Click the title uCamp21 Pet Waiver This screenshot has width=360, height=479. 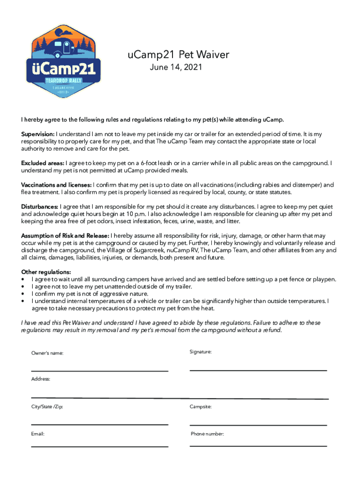point(178,55)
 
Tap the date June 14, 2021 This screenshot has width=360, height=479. point(176,68)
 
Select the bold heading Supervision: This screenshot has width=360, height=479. point(38,134)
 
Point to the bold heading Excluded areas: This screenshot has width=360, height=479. point(43,163)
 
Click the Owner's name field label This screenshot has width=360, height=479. point(47,353)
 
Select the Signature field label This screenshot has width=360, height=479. point(201,351)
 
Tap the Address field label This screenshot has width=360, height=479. point(41,379)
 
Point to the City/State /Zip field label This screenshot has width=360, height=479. point(47,407)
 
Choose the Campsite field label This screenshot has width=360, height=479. point(201,407)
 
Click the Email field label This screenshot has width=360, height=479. point(38,434)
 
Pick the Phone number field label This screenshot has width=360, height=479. point(207,434)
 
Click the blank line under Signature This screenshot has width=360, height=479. point(258,370)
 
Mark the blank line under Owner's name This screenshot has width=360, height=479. point(100,371)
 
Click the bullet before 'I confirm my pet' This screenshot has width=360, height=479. point(23,294)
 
